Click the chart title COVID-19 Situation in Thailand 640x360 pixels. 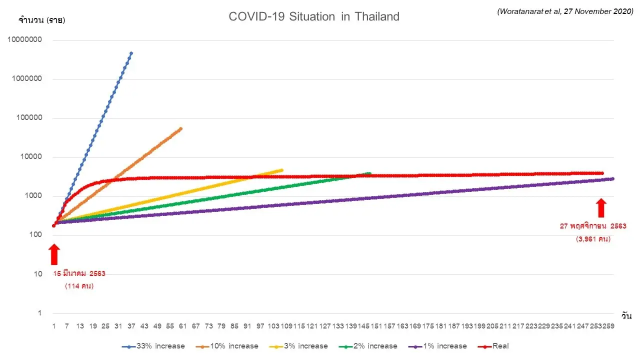[314, 16]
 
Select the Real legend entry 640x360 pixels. [500, 346]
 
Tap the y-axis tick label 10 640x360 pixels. [38, 274]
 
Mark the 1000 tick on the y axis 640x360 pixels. [32, 196]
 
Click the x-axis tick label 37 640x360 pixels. [131, 326]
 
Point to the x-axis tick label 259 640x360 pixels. [609, 326]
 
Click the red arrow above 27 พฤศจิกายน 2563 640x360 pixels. [601, 207]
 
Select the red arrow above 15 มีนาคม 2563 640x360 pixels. [54, 254]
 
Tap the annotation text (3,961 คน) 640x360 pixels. [593, 239]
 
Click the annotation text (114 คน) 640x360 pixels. [79, 286]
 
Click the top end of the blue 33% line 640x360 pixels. [131, 53]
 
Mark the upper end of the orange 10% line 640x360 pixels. [180, 128]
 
